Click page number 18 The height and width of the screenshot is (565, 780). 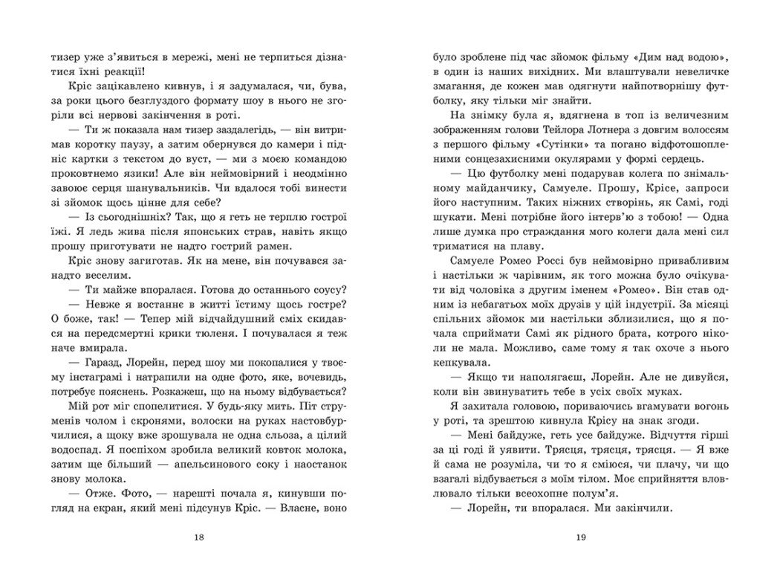click(x=195, y=537)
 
